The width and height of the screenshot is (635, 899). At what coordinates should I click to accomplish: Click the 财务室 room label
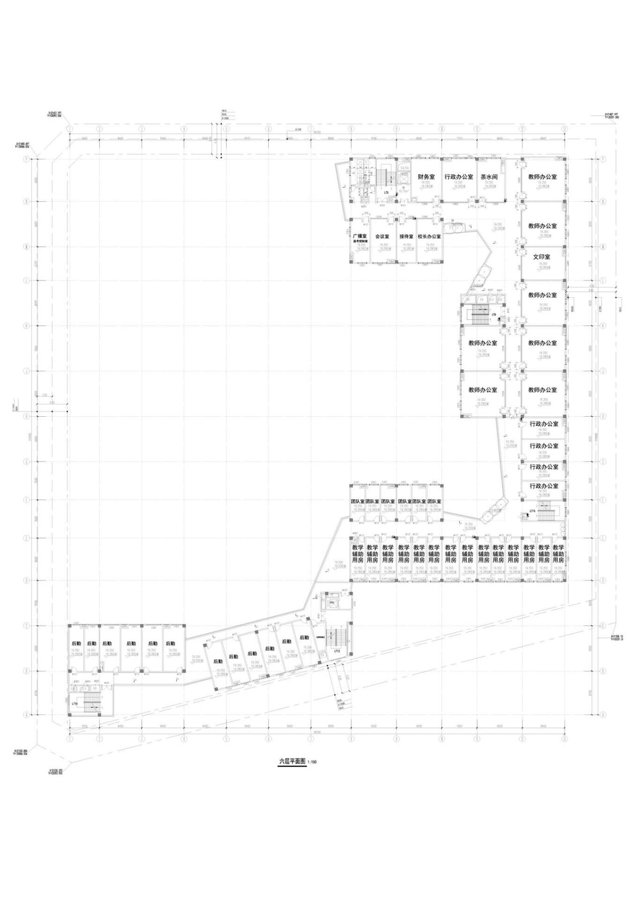(426, 177)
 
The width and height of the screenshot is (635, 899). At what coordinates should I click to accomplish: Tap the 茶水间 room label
(489, 177)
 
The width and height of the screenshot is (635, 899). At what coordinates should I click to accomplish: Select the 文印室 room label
(542, 257)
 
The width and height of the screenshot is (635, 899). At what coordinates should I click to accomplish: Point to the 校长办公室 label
(429, 237)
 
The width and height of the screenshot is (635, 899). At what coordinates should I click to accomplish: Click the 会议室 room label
(382, 237)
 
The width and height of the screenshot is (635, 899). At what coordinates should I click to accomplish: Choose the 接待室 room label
(406, 237)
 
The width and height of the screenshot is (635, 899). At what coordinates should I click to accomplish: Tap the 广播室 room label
(359, 236)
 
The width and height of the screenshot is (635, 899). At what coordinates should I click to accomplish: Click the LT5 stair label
(386, 192)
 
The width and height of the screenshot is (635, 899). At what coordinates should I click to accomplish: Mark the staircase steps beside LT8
(479, 314)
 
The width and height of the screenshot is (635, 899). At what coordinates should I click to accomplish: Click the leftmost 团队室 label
(357, 502)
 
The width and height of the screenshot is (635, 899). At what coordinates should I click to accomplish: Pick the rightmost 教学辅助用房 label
(558, 554)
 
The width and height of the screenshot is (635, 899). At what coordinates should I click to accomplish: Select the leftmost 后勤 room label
(76, 643)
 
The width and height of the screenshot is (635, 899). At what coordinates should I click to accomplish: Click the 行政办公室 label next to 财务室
(458, 177)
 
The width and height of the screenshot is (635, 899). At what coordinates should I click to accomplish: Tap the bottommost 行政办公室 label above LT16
(544, 486)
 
